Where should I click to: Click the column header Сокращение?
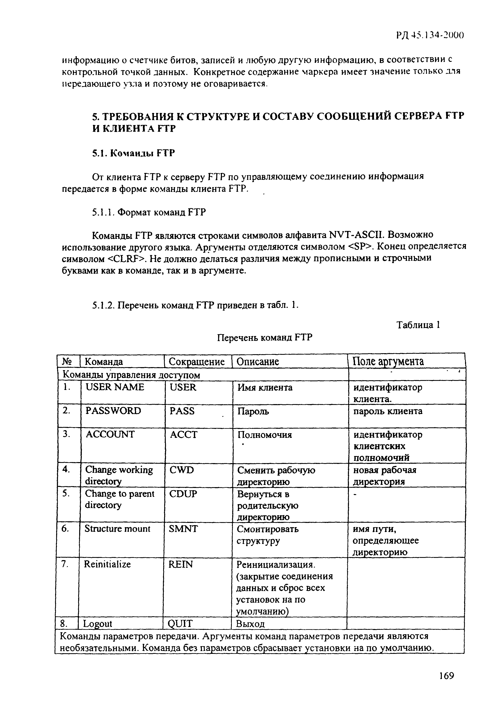(197, 362)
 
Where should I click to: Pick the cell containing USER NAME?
(114, 387)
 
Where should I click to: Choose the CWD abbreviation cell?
(182, 470)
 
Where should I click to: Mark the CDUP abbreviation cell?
(183, 494)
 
